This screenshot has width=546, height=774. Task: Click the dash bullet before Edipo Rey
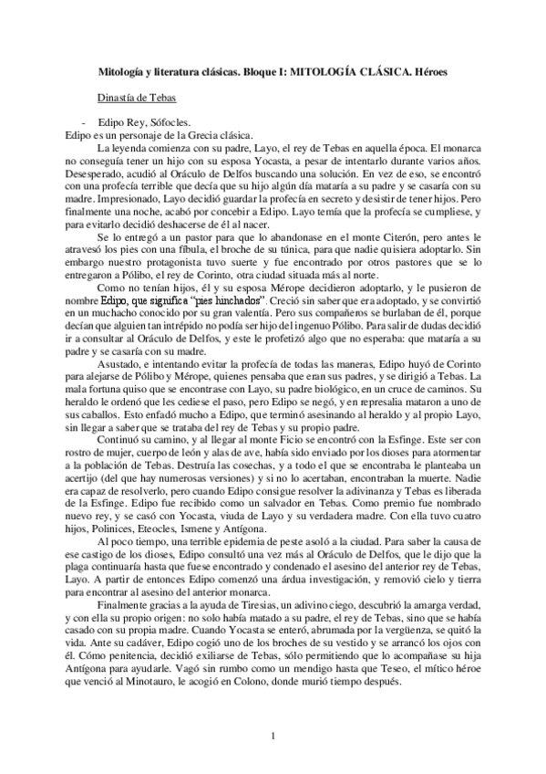84,122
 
